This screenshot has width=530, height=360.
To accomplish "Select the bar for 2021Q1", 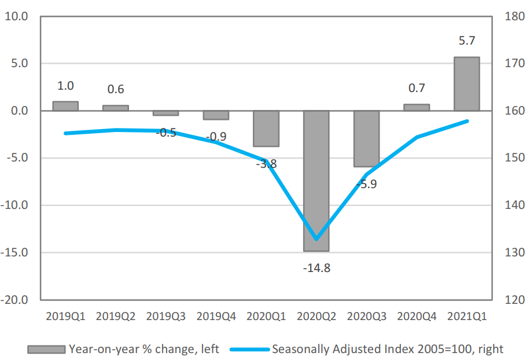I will (x=466, y=84).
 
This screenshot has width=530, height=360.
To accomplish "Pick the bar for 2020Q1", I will (x=266, y=128).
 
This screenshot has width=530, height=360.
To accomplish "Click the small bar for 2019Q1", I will (x=65, y=106).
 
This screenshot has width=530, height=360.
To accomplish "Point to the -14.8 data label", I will (x=316, y=269).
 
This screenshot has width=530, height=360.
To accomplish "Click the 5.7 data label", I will (x=466, y=41).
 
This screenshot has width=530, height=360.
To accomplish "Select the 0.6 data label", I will (x=116, y=89).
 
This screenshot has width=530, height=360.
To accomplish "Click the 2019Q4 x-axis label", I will (x=216, y=317).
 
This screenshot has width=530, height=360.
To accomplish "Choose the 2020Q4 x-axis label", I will (x=417, y=317).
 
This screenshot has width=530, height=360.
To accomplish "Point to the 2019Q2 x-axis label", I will (x=116, y=317).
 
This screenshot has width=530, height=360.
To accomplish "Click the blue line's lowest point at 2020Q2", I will (x=316, y=239).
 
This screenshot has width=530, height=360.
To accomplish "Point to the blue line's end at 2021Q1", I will (x=467, y=121).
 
